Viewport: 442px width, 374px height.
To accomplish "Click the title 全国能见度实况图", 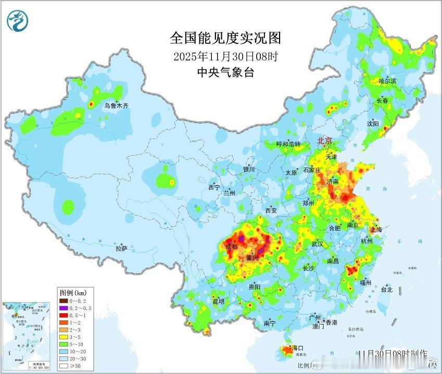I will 225,38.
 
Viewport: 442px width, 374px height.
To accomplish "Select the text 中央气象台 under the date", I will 225,72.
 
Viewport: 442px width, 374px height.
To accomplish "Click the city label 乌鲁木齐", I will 116,105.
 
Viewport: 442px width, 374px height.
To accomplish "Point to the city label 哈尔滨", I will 387,81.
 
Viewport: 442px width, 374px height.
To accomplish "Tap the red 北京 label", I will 327,141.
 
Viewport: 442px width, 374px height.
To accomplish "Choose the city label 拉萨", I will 121,248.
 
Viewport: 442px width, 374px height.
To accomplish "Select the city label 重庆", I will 253,258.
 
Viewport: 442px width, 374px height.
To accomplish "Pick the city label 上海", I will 375,229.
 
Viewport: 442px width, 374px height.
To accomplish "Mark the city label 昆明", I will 218,301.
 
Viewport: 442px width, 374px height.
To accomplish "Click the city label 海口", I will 298,347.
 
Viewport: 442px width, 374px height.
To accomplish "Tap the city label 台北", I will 386,289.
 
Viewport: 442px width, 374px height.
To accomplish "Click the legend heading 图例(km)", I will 72,292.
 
